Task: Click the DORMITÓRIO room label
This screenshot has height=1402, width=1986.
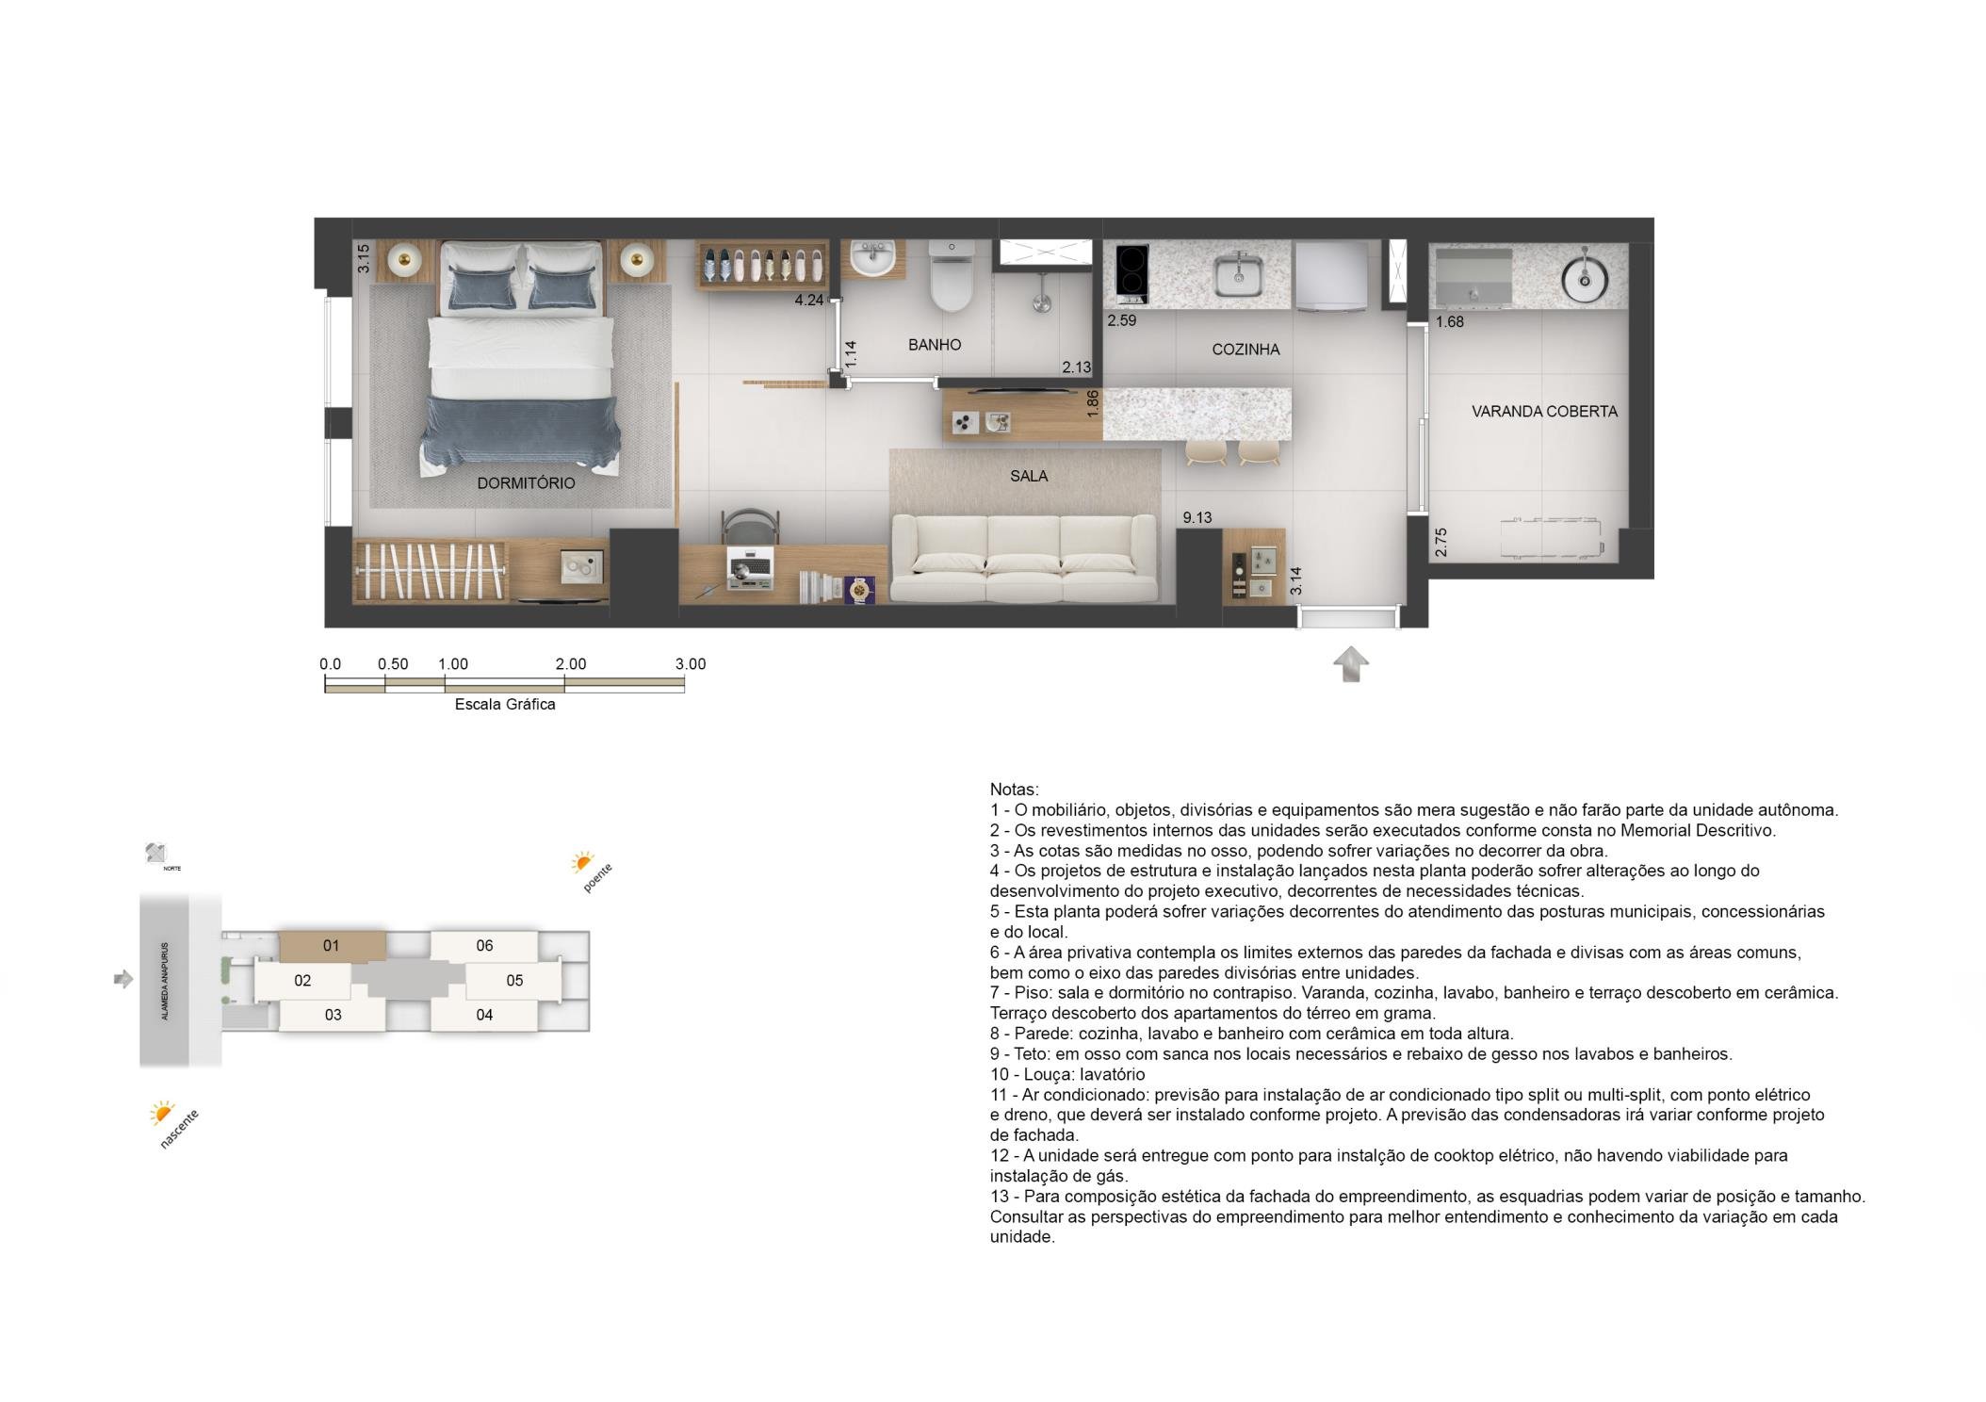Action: tap(526, 483)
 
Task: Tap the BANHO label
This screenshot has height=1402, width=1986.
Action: tap(935, 345)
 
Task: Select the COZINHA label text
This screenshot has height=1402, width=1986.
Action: tap(1245, 350)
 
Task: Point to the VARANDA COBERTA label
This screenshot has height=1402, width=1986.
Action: tap(1544, 412)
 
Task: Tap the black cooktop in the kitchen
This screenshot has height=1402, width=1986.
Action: tap(1131, 274)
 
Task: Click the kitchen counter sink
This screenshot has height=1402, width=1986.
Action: tap(1238, 274)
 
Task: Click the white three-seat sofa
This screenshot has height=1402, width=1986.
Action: tap(1024, 559)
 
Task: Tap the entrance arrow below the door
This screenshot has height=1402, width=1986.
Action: tap(1351, 664)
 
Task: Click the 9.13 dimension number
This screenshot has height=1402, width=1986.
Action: tap(1197, 517)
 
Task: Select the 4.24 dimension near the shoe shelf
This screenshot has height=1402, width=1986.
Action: tap(809, 301)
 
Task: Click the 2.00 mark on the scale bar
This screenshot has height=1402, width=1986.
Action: tap(571, 664)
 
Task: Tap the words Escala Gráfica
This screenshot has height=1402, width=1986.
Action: tap(505, 705)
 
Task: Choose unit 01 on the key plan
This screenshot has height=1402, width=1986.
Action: tap(332, 946)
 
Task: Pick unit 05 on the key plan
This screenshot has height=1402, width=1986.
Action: tap(514, 981)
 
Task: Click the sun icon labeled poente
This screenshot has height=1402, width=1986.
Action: tap(582, 862)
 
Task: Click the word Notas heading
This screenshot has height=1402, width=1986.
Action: tap(1015, 790)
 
